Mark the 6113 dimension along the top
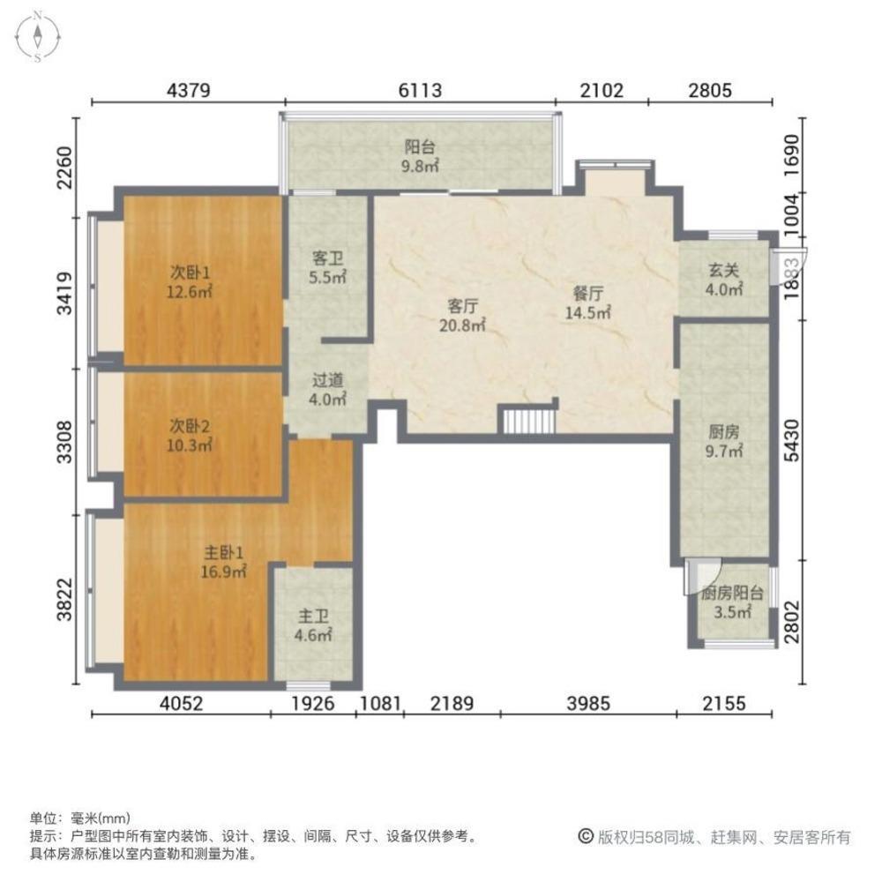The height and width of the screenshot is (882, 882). [x=420, y=90]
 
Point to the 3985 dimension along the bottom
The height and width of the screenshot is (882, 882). [x=587, y=704]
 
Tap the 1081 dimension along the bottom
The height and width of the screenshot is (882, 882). [x=381, y=704]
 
